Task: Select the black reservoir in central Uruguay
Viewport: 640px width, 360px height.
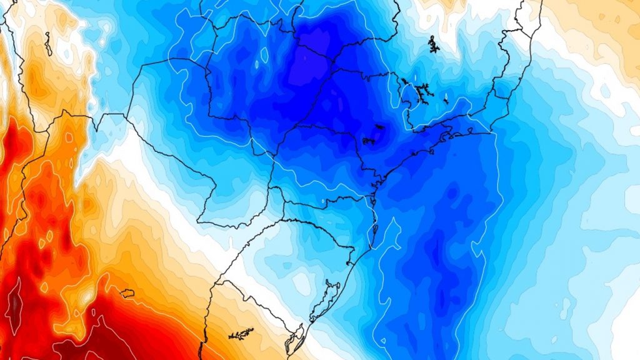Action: pos(241,335)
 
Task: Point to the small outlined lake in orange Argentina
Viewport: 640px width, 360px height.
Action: pos(126,292)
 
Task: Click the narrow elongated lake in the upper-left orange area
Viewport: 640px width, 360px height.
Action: pos(48,44)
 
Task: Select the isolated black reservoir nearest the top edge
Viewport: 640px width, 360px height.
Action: pos(432,44)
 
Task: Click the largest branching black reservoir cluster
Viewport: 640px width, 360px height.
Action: pos(419,91)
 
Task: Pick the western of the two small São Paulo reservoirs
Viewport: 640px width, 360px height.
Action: pos(367,141)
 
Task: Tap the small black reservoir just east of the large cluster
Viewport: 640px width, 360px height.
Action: pos(446,100)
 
